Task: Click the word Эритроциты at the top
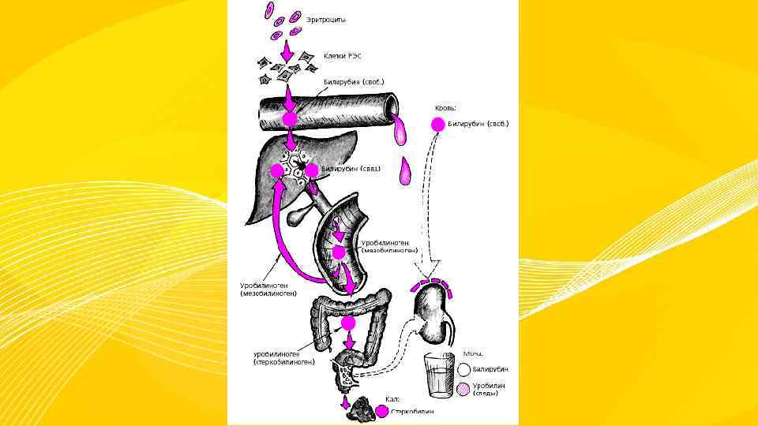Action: click(x=325, y=19)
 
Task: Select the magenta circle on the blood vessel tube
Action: click(x=290, y=118)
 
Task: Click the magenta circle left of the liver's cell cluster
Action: click(x=277, y=170)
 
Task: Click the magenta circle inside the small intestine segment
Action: click(x=339, y=252)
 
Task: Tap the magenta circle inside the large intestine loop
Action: click(x=347, y=323)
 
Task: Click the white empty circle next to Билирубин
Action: click(x=463, y=369)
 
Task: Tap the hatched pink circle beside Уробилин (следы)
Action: click(x=463, y=389)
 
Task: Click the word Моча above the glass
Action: click(x=472, y=354)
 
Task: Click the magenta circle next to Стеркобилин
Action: click(x=383, y=411)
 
